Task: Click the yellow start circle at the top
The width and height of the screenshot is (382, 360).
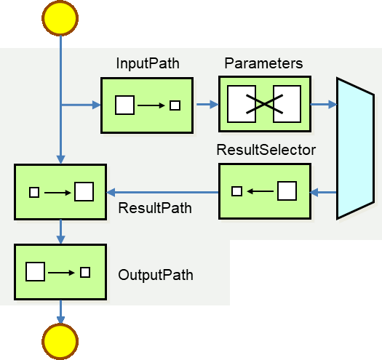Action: pyautogui.click(x=60, y=18)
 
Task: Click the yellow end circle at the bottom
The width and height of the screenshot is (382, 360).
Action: pyautogui.click(x=60, y=342)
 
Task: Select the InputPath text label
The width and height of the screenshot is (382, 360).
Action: pyautogui.click(x=148, y=63)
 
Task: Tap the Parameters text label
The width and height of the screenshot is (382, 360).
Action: pyautogui.click(x=263, y=63)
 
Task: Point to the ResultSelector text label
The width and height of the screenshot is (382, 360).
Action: pyautogui.click(x=266, y=150)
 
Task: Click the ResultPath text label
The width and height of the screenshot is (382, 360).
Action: pyautogui.click(x=155, y=208)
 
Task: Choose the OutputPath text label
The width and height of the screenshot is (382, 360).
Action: pyautogui.click(x=156, y=275)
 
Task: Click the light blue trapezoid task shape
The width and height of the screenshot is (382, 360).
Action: pyautogui.click(x=356, y=148)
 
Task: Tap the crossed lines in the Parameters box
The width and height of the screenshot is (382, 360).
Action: pyautogui.click(x=264, y=104)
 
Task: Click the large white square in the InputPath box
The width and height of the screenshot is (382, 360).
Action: pyautogui.click(x=124, y=105)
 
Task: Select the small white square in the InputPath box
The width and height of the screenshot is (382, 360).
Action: pyautogui.click(x=175, y=105)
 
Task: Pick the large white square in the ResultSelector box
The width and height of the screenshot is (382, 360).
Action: pyautogui.click(x=287, y=191)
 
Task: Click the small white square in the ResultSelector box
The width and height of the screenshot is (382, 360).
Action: pyautogui.click(x=236, y=191)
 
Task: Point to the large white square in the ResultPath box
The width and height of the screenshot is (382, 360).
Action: pyautogui.click(x=84, y=192)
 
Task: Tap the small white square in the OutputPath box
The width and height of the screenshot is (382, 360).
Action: pyautogui.click(x=85, y=272)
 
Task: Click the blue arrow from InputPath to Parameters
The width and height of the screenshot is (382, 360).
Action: pyautogui.click(x=207, y=104)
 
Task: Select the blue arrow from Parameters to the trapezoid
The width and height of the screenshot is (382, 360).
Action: pyautogui.click(x=324, y=104)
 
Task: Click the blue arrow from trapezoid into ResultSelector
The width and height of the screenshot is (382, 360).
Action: pyautogui.click(x=323, y=192)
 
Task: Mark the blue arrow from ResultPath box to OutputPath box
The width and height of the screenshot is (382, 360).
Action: pyautogui.click(x=60, y=232)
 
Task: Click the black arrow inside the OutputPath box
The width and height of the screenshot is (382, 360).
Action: pyautogui.click(x=61, y=273)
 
